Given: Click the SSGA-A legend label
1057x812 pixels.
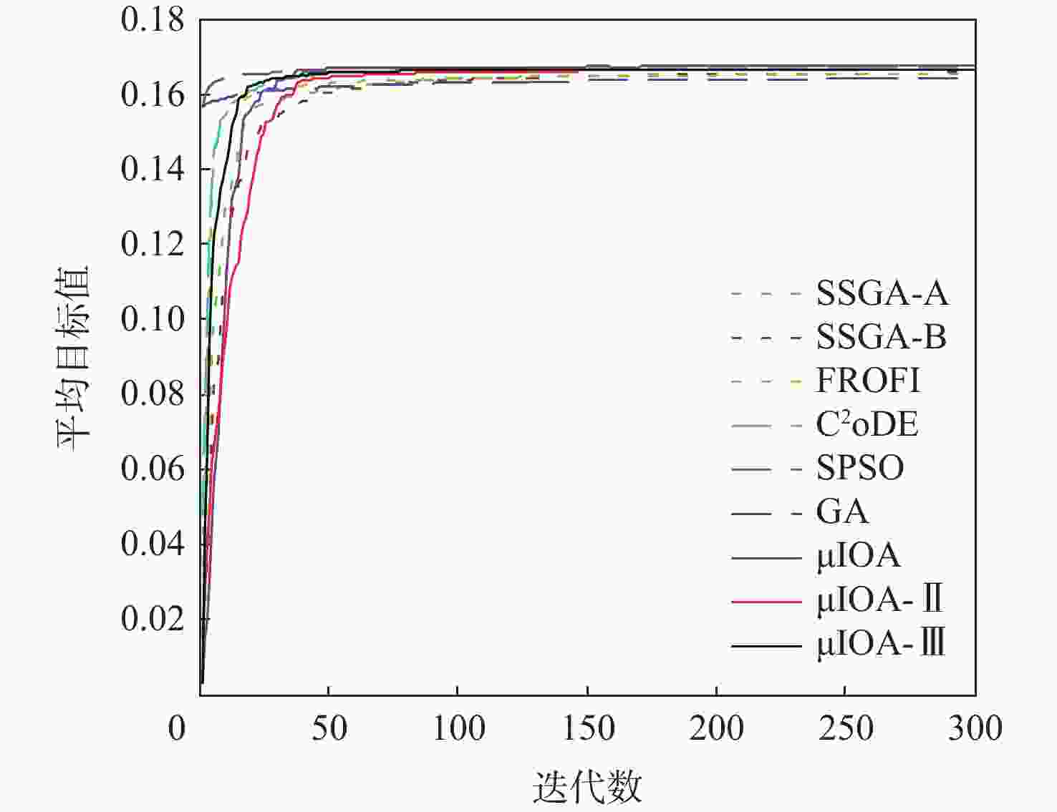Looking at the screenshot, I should [882, 293].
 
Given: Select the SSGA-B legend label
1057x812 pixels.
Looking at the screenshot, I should [881, 337].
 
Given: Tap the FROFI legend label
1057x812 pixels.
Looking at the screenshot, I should [868, 381].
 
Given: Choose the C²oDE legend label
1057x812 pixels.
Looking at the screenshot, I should [867, 424].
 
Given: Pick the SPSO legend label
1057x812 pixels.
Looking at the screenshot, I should [860, 469].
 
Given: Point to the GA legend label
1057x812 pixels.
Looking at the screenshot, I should [842, 512].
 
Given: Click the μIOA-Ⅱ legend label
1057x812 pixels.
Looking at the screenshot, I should [879, 600].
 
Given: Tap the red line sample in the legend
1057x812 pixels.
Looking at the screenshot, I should [766, 602].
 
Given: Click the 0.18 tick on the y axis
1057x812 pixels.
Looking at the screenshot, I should [153, 20].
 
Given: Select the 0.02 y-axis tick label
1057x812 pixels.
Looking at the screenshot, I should [153, 618].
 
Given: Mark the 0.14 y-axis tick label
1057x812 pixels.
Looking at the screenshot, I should [153, 170].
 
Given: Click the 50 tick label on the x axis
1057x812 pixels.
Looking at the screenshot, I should [329, 728].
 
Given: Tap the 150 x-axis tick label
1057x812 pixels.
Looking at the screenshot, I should [587, 728].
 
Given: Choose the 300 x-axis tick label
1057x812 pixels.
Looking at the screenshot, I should [975, 728].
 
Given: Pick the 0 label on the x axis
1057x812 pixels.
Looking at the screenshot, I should [177, 728].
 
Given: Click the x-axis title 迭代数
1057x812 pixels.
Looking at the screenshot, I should [587, 787].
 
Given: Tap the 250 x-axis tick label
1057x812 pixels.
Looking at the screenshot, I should [845, 728].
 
